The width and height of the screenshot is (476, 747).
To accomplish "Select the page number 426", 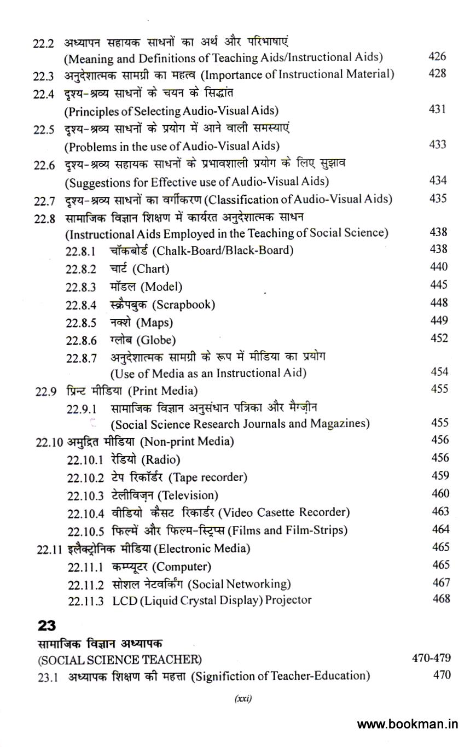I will [x=438, y=56].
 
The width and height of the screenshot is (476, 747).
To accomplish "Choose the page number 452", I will [x=439, y=338].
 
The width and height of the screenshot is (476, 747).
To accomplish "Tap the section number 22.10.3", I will [x=85, y=495].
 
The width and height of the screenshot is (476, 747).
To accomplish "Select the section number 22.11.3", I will [x=85, y=600].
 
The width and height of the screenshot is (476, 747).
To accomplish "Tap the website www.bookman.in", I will [x=408, y=725].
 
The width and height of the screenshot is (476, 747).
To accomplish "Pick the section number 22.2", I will [x=43, y=44].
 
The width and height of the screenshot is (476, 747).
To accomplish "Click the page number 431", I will [x=438, y=109].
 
